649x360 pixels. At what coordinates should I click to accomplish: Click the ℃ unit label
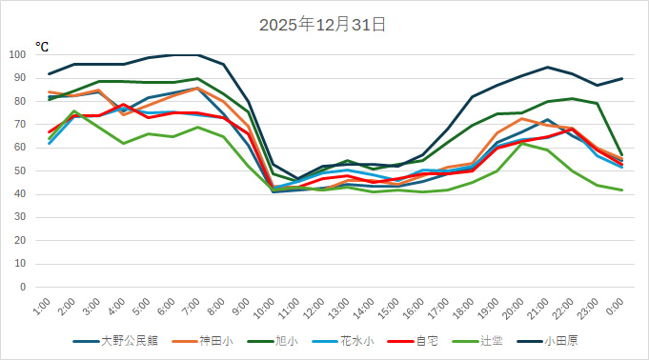43,46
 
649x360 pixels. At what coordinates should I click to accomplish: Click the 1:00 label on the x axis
41,310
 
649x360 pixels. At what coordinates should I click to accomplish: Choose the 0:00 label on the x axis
613,310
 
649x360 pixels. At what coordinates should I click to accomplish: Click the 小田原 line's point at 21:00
547,68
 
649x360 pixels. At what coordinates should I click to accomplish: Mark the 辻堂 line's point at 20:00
522,143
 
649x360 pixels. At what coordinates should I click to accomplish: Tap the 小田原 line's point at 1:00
50,74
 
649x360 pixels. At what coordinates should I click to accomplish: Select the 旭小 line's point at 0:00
621,155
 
